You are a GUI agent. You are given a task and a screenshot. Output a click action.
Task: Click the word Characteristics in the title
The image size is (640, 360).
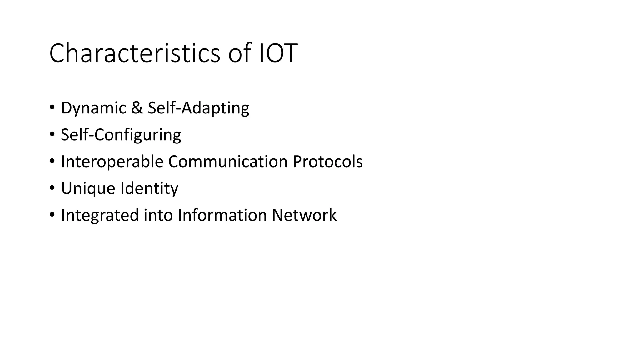[135, 53]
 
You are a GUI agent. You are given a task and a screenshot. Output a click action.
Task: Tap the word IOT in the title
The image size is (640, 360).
[278, 53]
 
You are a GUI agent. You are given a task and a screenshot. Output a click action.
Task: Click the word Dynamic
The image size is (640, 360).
[93, 108]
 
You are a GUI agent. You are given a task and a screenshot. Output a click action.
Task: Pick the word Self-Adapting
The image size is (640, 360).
[198, 108]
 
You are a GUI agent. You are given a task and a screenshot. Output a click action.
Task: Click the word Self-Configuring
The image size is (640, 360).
[121, 135]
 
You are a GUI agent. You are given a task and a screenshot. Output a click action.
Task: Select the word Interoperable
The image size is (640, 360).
[112, 162]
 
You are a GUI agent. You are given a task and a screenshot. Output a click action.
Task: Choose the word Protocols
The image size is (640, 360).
[327, 162]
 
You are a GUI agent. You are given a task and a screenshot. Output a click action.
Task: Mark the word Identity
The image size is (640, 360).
[149, 189]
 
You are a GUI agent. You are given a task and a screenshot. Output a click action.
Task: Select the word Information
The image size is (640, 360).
[222, 215]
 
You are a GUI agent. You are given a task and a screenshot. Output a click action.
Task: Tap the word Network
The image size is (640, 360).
[304, 215]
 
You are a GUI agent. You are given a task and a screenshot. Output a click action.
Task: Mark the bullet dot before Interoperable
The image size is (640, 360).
[52, 162]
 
